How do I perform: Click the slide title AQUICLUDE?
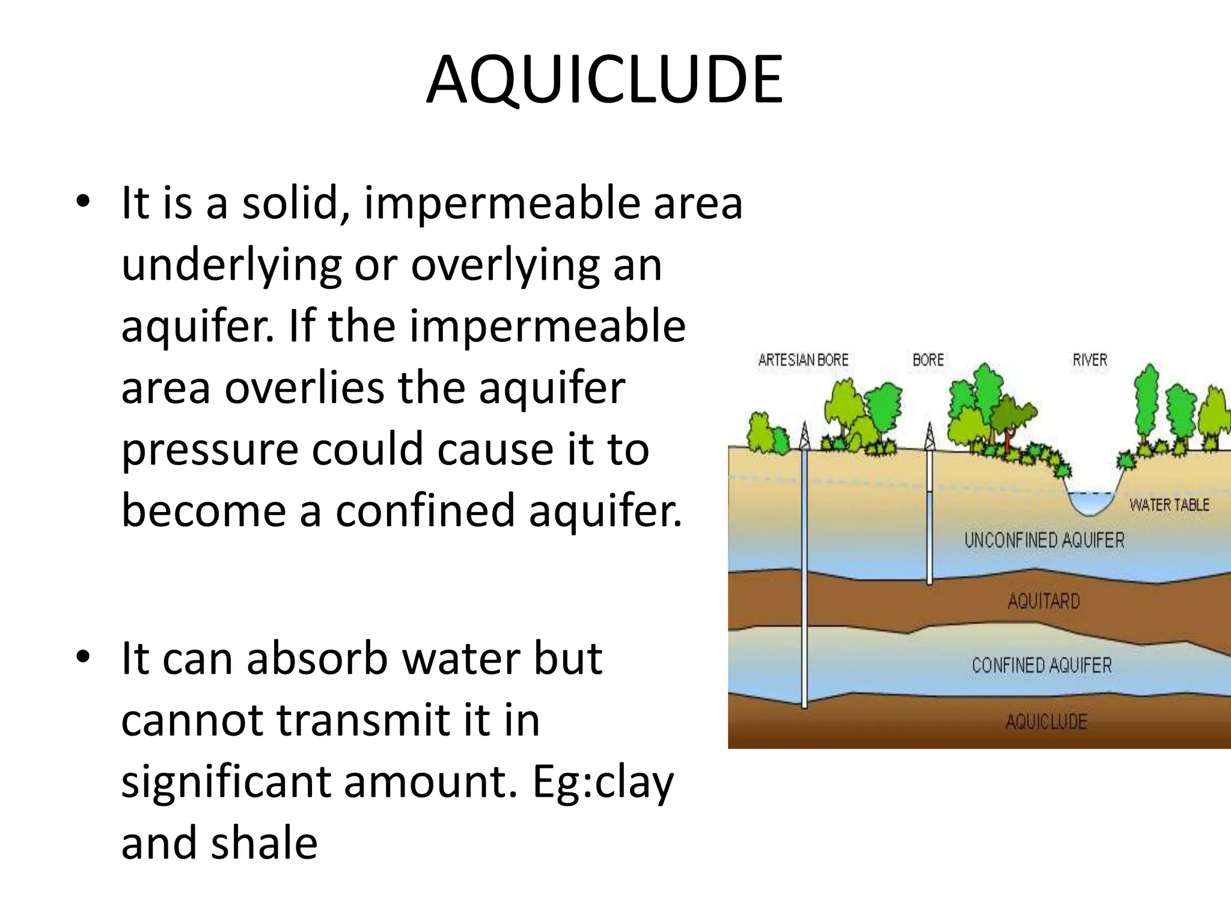pos(605,81)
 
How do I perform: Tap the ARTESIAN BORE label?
pos(803,360)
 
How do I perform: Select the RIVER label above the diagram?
pos(1090,360)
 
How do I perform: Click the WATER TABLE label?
pos(1169,505)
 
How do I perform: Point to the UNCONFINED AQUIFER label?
pos(1044,540)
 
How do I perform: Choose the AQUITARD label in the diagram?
pos(1043,601)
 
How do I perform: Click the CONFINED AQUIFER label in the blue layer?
pos(1042,665)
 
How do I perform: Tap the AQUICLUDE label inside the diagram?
pos(1046,722)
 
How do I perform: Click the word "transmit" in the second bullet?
pos(362,720)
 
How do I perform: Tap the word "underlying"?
pos(231,266)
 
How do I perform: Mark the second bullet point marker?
pos(83,656)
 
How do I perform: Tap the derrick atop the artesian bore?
pos(804,435)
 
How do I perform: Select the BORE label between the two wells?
pos(928,360)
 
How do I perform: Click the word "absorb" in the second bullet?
pos(317,659)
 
